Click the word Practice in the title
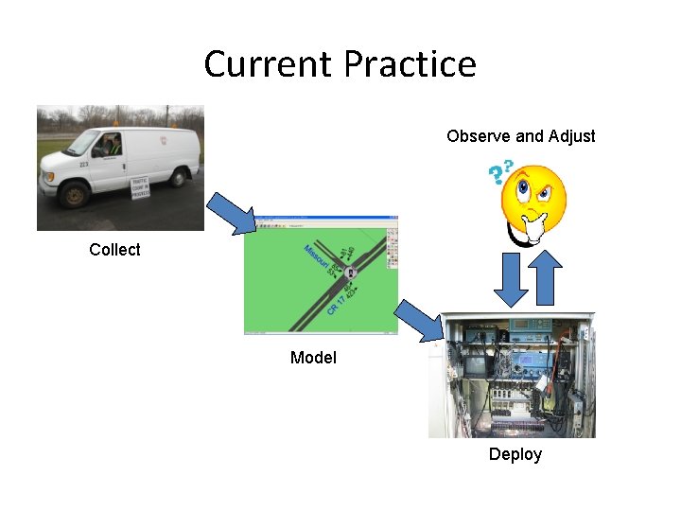(410, 64)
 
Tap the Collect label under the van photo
(114, 250)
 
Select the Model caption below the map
(313, 358)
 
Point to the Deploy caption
(515, 455)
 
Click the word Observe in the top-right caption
(479, 136)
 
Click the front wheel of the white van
(74, 194)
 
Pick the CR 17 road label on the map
(336, 304)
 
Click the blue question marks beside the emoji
(499, 171)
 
